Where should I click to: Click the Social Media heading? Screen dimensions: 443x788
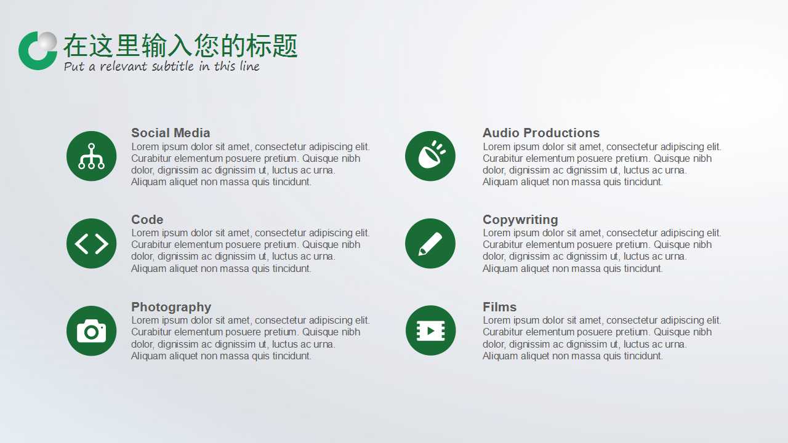click(x=171, y=133)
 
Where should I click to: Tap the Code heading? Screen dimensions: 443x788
click(x=147, y=220)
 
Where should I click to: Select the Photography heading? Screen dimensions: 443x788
click(x=171, y=307)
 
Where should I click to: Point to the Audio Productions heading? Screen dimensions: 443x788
click(x=541, y=133)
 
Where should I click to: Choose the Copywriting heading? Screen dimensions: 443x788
click(x=520, y=220)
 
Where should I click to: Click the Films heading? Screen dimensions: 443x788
click(x=499, y=307)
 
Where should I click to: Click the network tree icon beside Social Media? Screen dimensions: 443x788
click(x=91, y=156)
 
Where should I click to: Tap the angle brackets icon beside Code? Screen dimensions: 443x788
click(x=91, y=244)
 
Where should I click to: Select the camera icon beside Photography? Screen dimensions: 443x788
click(x=91, y=331)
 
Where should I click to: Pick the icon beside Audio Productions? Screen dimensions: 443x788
click(x=430, y=156)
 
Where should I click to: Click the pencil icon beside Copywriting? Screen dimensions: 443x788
click(x=430, y=244)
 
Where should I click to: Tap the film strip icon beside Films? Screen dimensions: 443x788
click(x=430, y=331)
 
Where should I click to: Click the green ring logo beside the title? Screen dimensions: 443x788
click(x=32, y=58)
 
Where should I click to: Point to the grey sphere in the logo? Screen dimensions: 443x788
click(x=47, y=42)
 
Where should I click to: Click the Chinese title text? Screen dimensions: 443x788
click(x=180, y=46)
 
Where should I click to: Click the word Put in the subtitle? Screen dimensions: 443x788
click(x=74, y=66)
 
